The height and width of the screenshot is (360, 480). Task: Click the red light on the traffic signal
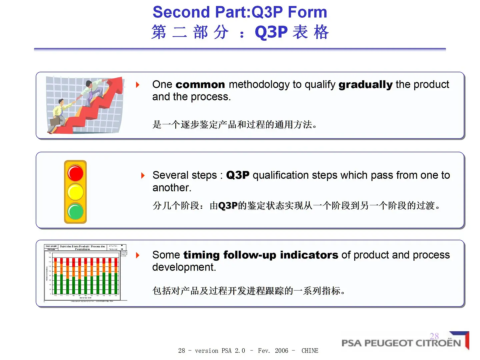tap(76, 173)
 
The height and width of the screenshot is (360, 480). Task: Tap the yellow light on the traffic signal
tap(76, 192)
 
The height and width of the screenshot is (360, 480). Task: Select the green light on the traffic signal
tap(76, 212)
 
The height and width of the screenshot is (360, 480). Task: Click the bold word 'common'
tap(200, 85)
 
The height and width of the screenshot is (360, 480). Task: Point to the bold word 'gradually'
tap(365, 85)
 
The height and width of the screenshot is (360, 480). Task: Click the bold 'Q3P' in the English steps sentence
tap(238, 175)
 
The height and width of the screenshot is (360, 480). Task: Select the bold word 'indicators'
tap(309, 255)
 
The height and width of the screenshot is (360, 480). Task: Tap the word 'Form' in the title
tap(307, 12)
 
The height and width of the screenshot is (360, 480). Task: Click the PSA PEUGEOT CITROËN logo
tap(401, 343)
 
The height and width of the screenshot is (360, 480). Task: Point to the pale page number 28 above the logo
tap(434, 336)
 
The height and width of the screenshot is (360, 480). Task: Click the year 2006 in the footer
tap(281, 351)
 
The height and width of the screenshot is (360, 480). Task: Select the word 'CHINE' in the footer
tap(310, 351)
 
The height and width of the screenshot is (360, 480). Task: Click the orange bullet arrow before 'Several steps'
tap(143, 175)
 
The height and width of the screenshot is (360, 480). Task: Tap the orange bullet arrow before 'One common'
tap(138, 85)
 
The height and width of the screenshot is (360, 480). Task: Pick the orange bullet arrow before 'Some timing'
tap(138, 255)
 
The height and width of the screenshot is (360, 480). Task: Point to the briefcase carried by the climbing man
tap(55, 121)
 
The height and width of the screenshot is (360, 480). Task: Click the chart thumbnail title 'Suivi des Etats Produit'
tap(82, 247)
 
